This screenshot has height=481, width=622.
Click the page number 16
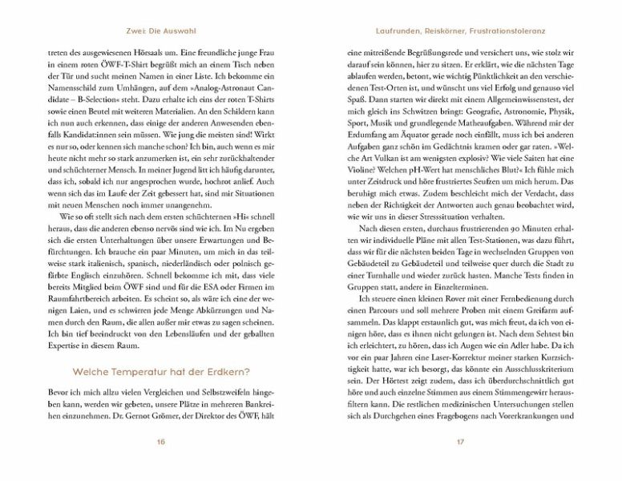click(x=161, y=441)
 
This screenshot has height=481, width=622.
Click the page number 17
click(x=460, y=441)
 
